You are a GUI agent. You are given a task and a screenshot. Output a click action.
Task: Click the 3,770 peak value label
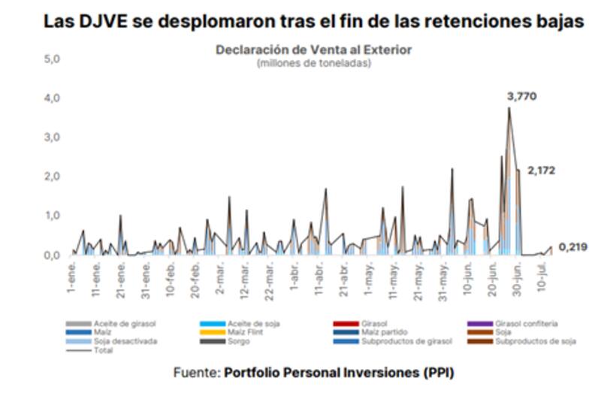tap(522, 97)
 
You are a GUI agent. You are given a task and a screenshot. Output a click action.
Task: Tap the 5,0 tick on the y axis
tap(52, 59)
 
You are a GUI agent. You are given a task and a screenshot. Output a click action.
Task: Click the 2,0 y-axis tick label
tap(52, 176)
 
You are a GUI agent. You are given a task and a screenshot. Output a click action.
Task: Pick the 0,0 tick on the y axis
tap(52, 255)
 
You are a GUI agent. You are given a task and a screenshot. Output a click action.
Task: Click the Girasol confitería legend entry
tap(525, 323)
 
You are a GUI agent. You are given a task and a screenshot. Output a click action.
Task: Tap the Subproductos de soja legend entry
tap(534, 341)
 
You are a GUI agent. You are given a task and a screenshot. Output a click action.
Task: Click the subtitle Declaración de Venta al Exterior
tap(313, 50)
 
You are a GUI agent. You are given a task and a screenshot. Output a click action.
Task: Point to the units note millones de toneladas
tap(313, 62)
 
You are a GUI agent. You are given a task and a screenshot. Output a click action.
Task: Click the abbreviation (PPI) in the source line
tap(435, 372)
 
